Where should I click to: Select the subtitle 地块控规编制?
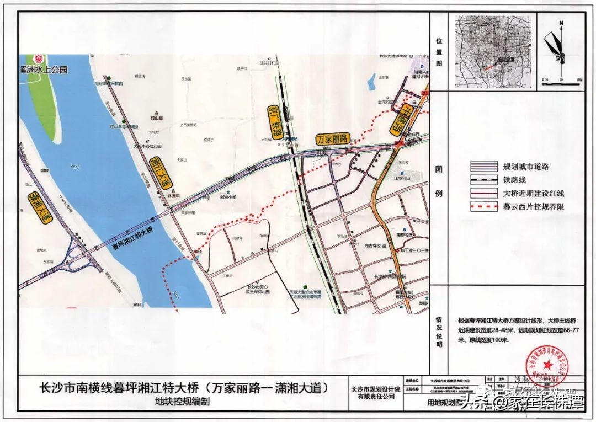click(183, 402)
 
